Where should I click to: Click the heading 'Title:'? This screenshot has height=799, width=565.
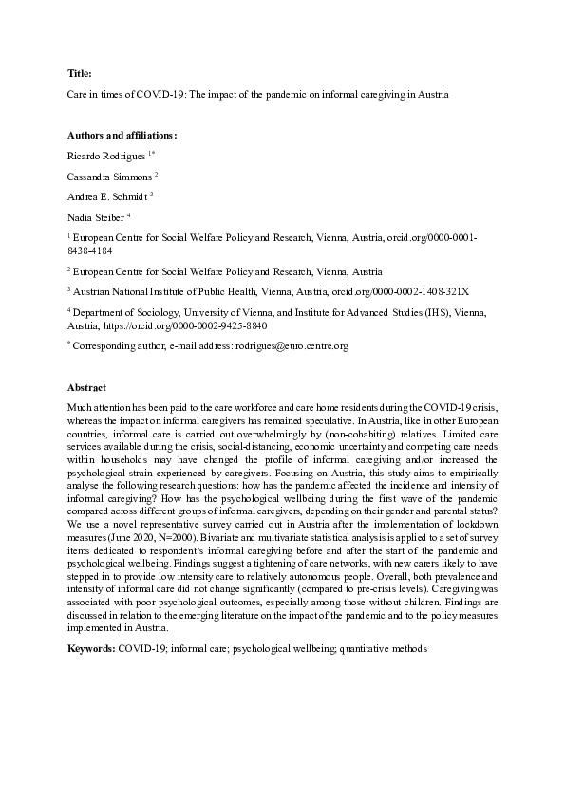[80, 72]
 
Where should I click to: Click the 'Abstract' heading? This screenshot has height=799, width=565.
[86, 388]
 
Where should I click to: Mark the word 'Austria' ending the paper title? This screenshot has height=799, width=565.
[429, 95]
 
